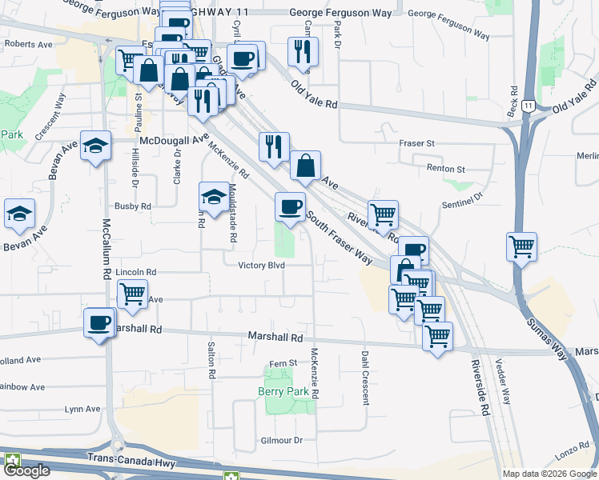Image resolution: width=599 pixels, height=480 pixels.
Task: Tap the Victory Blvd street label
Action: click(262, 266)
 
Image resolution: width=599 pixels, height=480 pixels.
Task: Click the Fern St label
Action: click(283, 363)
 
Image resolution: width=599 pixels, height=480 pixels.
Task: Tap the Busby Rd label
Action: click(133, 206)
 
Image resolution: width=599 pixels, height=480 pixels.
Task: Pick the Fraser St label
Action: click(416, 143)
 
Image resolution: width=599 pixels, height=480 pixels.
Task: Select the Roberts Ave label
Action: click(29, 45)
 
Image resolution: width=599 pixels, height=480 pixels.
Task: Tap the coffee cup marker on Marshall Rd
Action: click(99, 322)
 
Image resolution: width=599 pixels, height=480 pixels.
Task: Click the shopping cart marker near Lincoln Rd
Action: click(132, 293)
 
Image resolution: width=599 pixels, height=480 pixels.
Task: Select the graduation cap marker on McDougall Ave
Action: click(96, 146)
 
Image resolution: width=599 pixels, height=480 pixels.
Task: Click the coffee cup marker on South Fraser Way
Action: click(290, 207)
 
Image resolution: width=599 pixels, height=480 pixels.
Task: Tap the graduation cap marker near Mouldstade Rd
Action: click(214, 198)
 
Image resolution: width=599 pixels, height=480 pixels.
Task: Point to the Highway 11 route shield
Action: click(528, 105)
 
